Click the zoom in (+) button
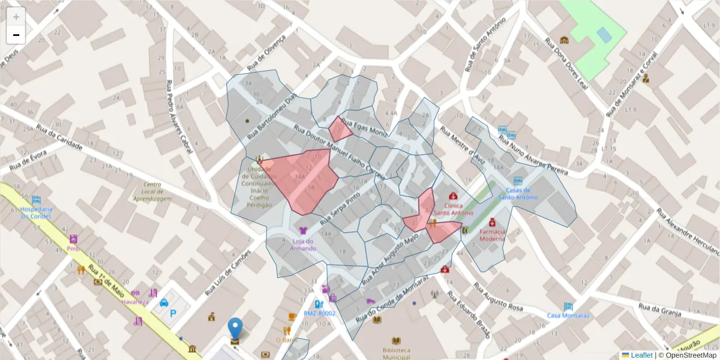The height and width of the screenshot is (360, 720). (16, 17)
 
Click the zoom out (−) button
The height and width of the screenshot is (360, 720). (16, 35)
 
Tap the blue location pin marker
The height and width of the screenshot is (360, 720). (236, 329)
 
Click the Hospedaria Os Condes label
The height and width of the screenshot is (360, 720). (36, 213)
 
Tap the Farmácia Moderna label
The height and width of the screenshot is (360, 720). (492, 234)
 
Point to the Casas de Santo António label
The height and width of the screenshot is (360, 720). (518, 193)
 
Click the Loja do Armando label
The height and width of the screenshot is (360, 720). (303, 244)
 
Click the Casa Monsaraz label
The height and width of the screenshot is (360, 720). (568, 315)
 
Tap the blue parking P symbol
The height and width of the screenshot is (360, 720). (174, 313)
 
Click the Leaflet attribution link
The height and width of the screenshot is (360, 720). (641, 355)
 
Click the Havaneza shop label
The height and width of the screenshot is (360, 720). (134, 302)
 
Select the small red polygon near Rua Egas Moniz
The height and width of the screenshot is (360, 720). (340, 129)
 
